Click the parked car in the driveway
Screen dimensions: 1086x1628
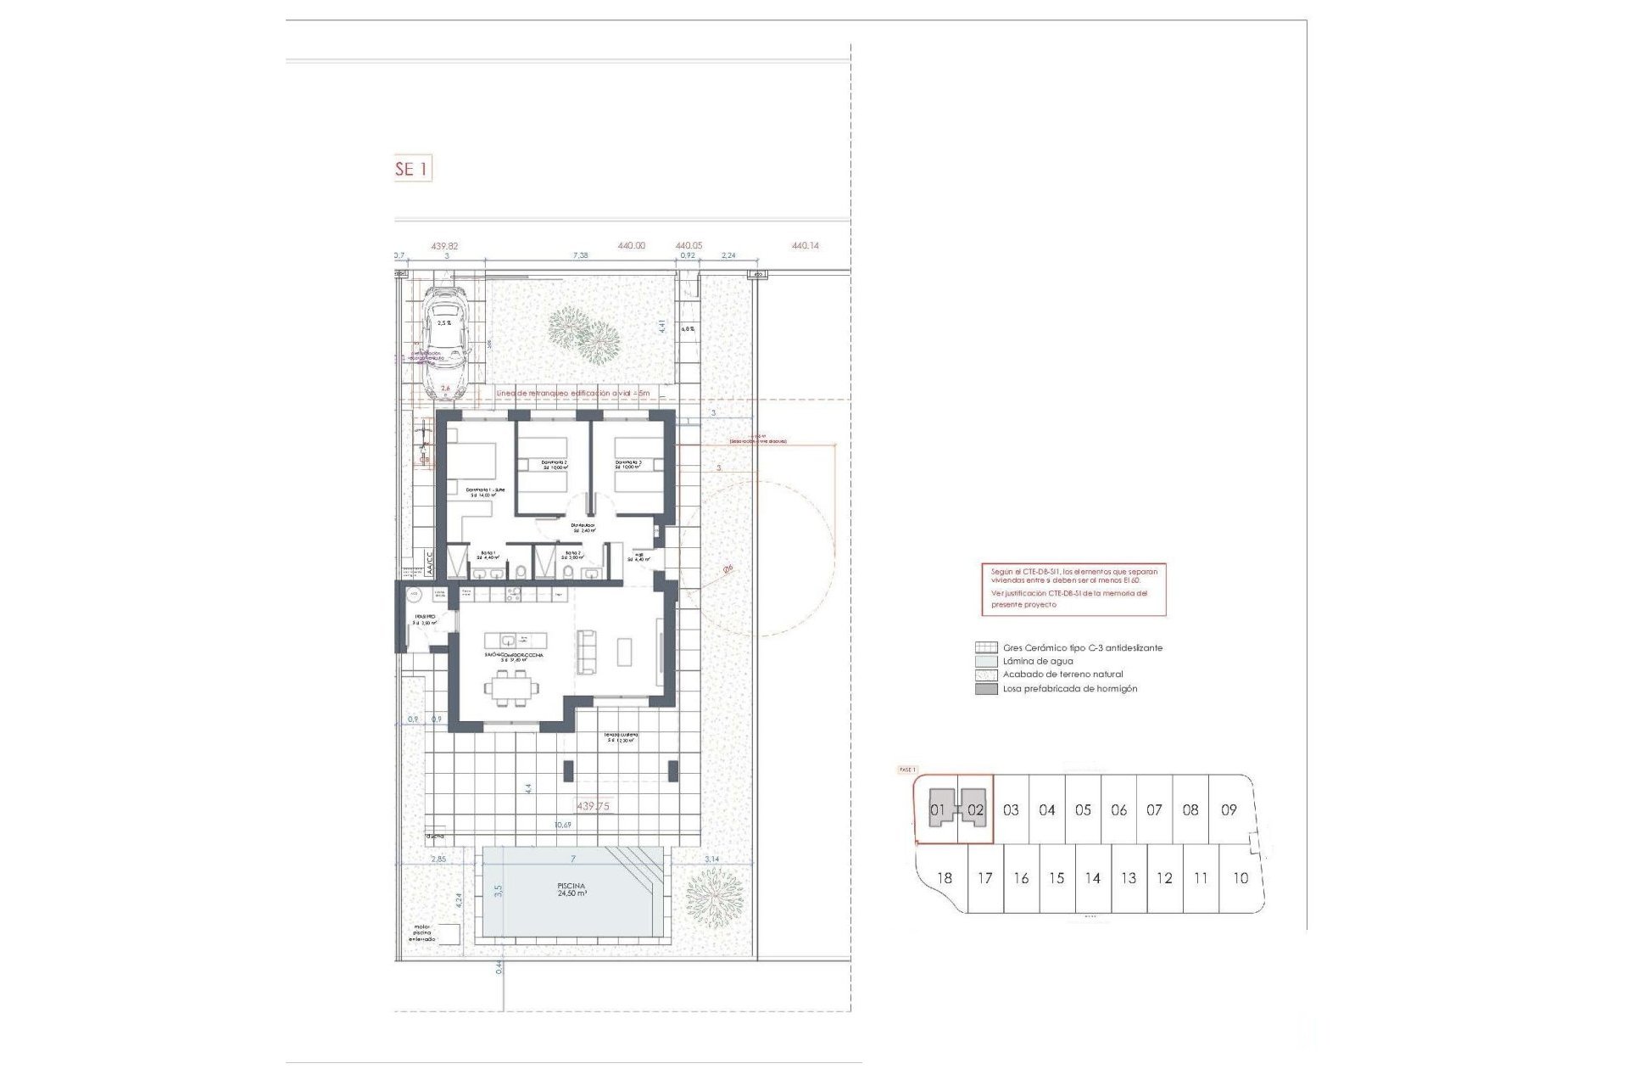[x=446, y=341]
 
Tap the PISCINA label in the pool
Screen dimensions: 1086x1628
[x=571, y=886]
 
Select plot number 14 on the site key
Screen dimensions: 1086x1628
[x=1092, y=878]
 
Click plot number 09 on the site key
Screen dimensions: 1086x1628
[x=1229, y=810]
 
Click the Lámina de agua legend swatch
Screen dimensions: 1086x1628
[x=985, y=661]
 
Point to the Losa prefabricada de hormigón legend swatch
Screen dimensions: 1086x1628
[x=985, y=689]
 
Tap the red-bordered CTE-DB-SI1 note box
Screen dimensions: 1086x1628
[x=1073, y=589]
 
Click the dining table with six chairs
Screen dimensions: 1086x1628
[x=511, y=688]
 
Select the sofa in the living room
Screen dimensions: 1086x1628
[x=586, y=651]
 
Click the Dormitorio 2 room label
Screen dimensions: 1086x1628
[x=555, y=465]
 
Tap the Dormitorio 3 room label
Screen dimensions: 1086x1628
[x=628, y=465]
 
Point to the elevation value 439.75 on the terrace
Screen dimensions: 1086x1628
[x=593, y=806]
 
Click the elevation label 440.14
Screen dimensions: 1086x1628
[x=805, y=246]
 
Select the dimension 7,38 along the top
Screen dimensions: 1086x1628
[x=580, y=255]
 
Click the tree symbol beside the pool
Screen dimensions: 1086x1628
[x=713, y=898]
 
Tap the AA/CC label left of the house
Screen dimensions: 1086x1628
[x=428, y=565]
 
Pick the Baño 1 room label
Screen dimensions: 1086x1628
[x=489, y=555]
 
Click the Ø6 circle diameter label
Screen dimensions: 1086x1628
[x=728, y=569]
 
